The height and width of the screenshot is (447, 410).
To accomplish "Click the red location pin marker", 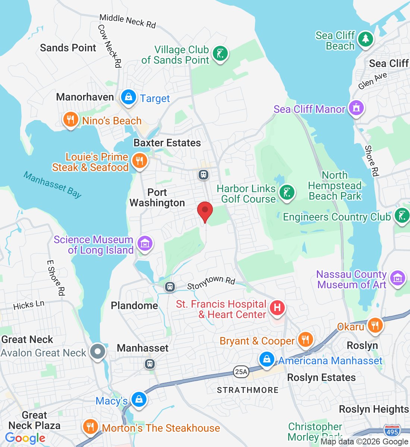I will point(205,211).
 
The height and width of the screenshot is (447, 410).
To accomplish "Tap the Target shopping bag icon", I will point(129,97).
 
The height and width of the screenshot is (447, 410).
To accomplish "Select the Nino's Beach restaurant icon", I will point(70,120).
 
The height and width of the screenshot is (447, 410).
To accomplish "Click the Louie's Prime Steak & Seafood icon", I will point(139,161).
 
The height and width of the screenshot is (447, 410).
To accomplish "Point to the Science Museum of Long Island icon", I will point(145,244).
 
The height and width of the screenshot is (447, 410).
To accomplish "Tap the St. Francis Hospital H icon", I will point(277,308).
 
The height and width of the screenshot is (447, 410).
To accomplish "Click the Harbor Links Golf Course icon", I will point(287,193).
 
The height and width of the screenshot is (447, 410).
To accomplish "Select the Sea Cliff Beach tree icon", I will point(365,39).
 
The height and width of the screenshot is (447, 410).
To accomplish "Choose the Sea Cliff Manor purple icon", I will point(356,108).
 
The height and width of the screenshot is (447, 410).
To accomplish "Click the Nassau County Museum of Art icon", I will point(398,278).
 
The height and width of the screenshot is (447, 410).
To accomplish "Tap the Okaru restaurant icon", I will point(375,325).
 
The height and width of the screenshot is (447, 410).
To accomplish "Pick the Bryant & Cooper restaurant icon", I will point(305,340).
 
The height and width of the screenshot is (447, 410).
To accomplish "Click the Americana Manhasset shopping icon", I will point(267,359).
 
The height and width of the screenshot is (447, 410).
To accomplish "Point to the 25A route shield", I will point(241,371).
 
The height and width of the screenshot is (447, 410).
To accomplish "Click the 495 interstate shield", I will point(392,431).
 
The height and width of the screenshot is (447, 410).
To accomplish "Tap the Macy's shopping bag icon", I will point(139,399).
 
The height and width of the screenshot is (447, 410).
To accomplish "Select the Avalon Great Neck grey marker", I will point(98,351).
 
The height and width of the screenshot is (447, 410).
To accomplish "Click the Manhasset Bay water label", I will point(53,184).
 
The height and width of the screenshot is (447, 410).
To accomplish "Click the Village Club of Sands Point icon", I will point(220,54).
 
